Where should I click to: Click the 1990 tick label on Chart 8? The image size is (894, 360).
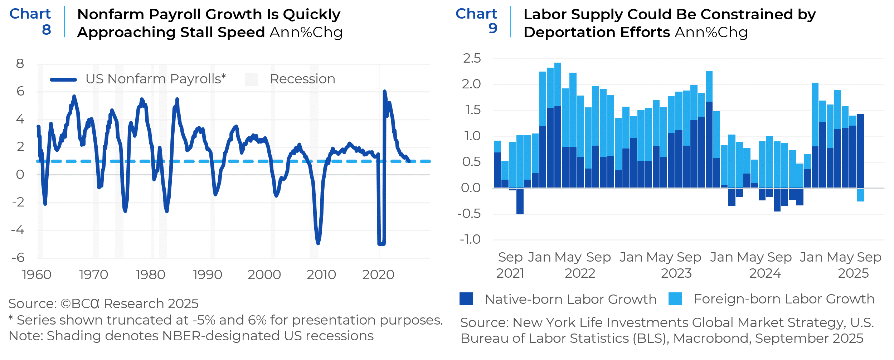(207, 274)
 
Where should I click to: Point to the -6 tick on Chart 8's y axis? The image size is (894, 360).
(18, 258)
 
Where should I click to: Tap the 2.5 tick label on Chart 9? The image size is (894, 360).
(472, 58)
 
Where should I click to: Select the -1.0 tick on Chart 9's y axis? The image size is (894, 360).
(470, 239)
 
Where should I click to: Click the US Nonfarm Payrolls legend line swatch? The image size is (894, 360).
(63, 79)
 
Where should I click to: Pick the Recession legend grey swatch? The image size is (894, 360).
(251, 79)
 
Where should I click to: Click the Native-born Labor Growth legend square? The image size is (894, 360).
(466, 299)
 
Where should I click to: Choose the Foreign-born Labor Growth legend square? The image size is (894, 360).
(675, 299)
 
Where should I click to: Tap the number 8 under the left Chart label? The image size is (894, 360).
(47, 30)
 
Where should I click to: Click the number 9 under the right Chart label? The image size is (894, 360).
(493, 28)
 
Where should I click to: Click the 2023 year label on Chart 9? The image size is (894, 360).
(676, 273)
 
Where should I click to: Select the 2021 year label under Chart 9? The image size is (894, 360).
(510, 273)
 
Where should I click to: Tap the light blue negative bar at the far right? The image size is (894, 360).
(860, 195)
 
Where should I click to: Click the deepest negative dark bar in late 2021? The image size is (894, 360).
(520, 201)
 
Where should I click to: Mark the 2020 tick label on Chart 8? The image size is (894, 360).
(378, 274)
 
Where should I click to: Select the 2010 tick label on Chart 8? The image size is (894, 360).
(321, 274)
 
